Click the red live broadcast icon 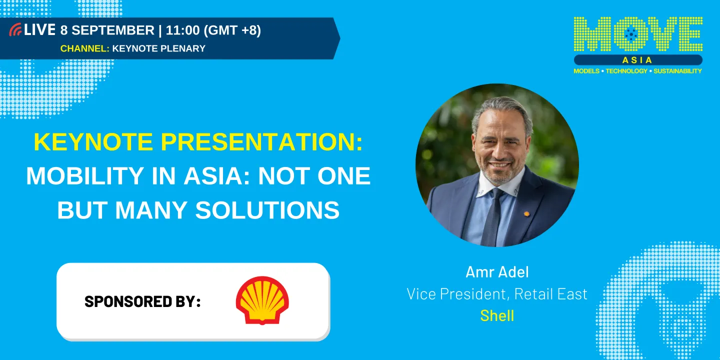tap(15, 30)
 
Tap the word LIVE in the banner tap(39, 30)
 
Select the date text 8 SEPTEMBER tap(107, 30)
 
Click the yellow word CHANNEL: tap(84, 48)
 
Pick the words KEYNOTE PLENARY tap(159, 48)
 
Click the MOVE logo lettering tap(638, 34)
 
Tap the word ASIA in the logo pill tap(637, 60)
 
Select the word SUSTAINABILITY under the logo tap(677, 71)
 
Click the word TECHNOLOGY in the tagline tap(626, 71)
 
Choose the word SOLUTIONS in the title tap(267, 210)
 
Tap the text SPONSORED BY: tap(142, 301)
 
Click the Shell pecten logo tap(262, 300)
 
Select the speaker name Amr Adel tap(497, 272)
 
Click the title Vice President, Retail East tap(497, 294)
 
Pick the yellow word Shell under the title tap(497, 315)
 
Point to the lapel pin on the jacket tap(526, 213)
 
